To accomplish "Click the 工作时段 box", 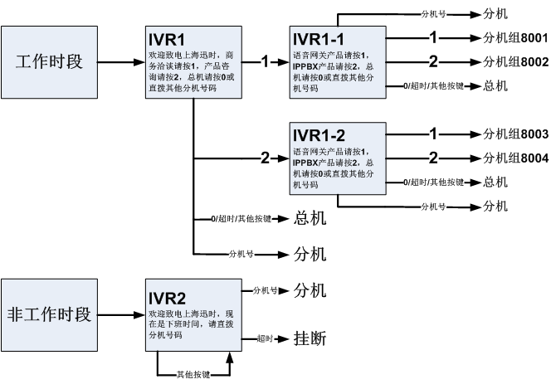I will coord(49,62).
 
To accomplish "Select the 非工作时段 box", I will coord(49,314).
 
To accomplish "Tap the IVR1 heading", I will coord(166,41).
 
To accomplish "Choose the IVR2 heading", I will coord(166,299).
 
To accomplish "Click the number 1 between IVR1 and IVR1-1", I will coord(265,62).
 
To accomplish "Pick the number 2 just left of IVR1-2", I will coord(265,158).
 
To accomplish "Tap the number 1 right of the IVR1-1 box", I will coord(433,38).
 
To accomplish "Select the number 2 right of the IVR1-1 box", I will coord(433,61).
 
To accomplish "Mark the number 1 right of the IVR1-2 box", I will coord(433,134).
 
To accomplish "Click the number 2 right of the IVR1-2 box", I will coord(433,158).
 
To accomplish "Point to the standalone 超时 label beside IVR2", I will coord(265,338).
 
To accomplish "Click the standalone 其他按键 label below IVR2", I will coord(193,375).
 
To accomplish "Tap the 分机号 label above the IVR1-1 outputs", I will coord(433,14).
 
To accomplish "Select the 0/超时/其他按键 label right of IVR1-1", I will coord(433,85).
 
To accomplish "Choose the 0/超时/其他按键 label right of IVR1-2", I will coord(433,182).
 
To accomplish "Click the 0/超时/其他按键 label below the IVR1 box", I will coord(241,219).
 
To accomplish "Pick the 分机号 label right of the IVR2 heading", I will coord(265,291).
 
